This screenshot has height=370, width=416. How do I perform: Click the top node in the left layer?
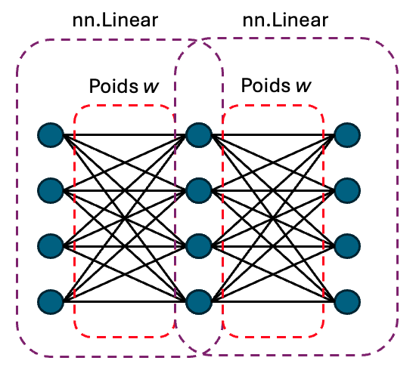point(51,135)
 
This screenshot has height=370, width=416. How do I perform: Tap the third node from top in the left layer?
point(51,245)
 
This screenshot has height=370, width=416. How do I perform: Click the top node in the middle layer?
point(198,135)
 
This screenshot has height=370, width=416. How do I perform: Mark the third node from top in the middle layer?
point(198,245)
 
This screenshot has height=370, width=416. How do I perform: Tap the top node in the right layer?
point(346,135)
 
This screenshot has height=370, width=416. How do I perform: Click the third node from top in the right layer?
point(346,245)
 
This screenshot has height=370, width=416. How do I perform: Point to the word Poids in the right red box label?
point(262,83)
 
